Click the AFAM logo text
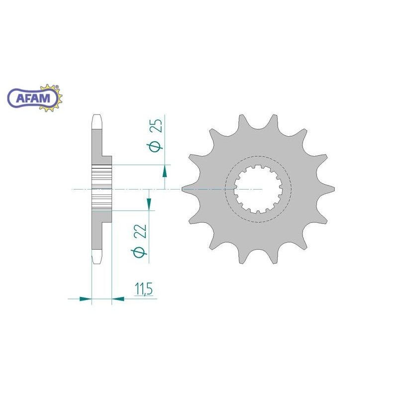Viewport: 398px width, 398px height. pyautogui.click(x=33, y=98)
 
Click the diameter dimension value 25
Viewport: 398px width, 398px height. pyautogui.click(x=156, y=125)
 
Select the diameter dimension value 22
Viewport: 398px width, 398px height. pyautogui.click(x=141, y=231)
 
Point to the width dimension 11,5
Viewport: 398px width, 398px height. pyautogui.click(x=144, y=289)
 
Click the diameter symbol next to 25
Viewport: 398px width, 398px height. pyautogui.click(x=155, y=146)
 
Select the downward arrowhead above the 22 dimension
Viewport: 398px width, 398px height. pyautogui.click(x=149, y=204)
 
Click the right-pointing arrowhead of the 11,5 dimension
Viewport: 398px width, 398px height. pyautogui.click(x=85, y=299)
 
